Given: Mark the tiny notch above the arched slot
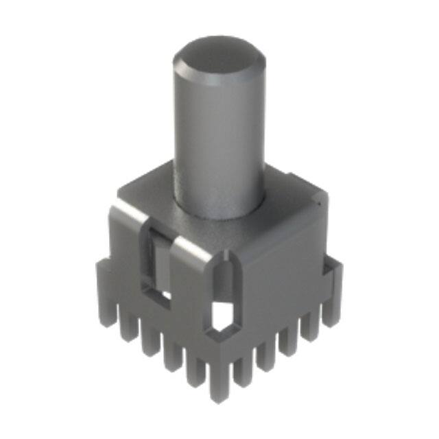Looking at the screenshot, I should pos(226,259).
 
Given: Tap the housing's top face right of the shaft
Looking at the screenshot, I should pos(288,199).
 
